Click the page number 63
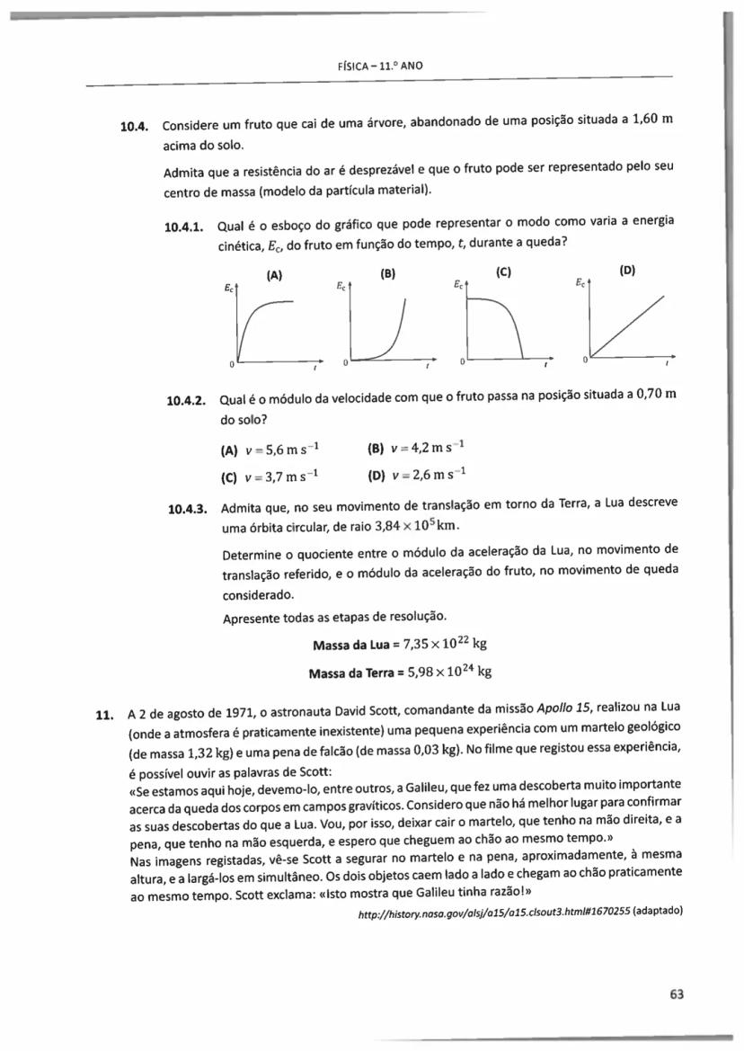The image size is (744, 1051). [677, 993]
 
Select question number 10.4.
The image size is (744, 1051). [134, 125]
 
